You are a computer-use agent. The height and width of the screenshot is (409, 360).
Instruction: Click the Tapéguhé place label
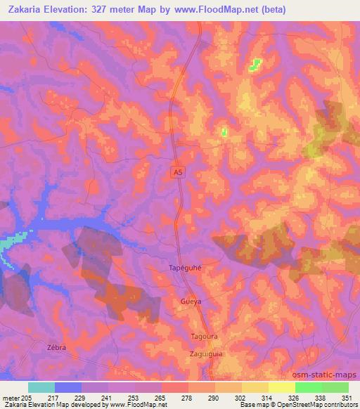tap(186, 268)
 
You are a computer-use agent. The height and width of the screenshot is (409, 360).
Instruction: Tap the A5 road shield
tap(179, 171)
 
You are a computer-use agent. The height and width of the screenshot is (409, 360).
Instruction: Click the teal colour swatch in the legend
tap(41, 387)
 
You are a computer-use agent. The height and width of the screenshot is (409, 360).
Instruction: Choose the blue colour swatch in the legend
tap(68, 387)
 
